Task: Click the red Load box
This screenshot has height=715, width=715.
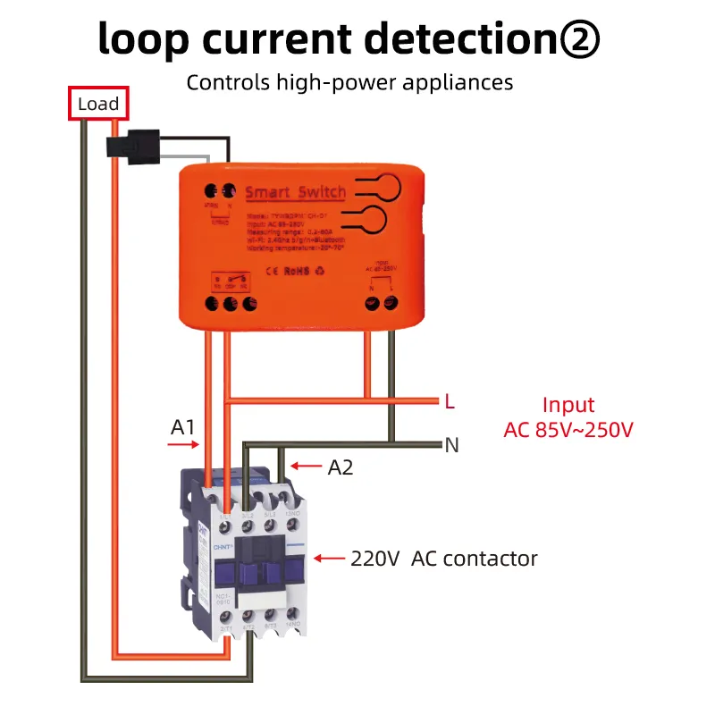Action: click(x=98, y=104)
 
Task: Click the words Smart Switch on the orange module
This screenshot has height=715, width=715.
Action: click(x=294, y=192)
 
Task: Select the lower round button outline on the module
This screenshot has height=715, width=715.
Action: click(x=374, y=219)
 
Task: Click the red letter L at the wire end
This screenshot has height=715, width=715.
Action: click(x=450, y=402)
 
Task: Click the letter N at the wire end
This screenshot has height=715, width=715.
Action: click(x=451, y=444)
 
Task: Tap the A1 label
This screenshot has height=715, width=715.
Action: click(x=183, y=427)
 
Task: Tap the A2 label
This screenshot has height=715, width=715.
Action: click(x=341, y=467)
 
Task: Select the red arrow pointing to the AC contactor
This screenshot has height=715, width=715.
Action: click(x=332, y=559)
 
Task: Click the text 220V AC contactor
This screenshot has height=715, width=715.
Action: click(x=444, y=559)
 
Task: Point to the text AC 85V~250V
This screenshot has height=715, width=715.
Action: click(x=568, y=429)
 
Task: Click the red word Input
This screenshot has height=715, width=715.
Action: click(x=568, y=405)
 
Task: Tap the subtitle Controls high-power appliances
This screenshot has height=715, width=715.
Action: click(x=349, y=83)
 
